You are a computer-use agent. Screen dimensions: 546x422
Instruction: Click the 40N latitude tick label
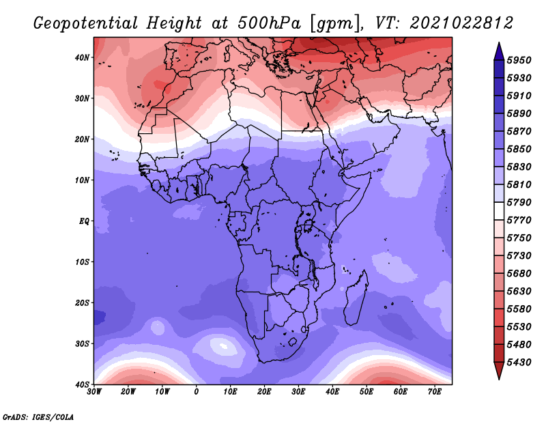(x=82, y=57)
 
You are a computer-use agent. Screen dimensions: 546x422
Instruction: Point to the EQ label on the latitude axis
(x=84, y=221)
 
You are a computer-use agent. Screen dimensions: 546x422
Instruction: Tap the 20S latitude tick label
(x=82, y=303)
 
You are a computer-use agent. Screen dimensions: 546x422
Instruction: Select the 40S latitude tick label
(x=82, y=384)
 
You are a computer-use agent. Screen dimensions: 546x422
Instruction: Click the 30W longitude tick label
(x=94, y=392)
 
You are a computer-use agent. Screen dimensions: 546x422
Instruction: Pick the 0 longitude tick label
(x=197, y=392)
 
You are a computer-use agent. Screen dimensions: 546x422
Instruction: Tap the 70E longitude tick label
(x=435, y=392)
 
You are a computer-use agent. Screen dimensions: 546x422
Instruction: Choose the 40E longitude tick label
(x=332, y=392)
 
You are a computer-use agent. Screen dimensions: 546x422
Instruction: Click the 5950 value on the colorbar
(x=519, y=60)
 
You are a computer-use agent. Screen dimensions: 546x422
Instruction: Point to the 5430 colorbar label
(x=519, y=363)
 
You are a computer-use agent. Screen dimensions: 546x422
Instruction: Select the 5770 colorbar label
(x=519, y=221)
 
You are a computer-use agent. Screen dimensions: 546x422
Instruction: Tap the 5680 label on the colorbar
(x=519, y=274)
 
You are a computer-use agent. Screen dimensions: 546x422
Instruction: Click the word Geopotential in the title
(x=86, y=24)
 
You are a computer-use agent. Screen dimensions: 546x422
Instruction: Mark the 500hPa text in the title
(x=269, y=23)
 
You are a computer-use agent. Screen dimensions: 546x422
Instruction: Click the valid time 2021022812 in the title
(x=461, y=23)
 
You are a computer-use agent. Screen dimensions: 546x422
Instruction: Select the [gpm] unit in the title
(x=334, y=24)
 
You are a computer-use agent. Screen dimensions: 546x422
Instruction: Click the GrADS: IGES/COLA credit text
(x=38, y=417)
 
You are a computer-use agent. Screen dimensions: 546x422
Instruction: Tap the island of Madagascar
(x=356, y=298)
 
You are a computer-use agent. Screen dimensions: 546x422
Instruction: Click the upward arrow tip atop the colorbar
(x=499, y=43)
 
